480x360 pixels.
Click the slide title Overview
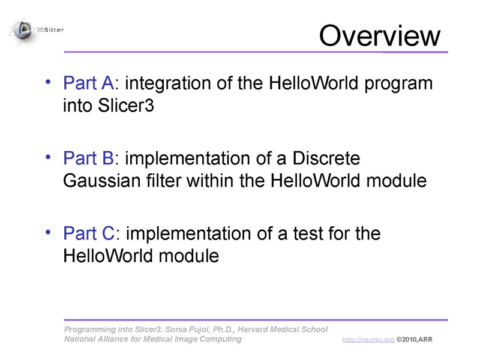coord(379,35)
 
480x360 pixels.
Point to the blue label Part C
coord(88,233)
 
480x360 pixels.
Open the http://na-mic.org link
coord(368,340)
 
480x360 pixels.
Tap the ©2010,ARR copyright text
coord(414,340)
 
